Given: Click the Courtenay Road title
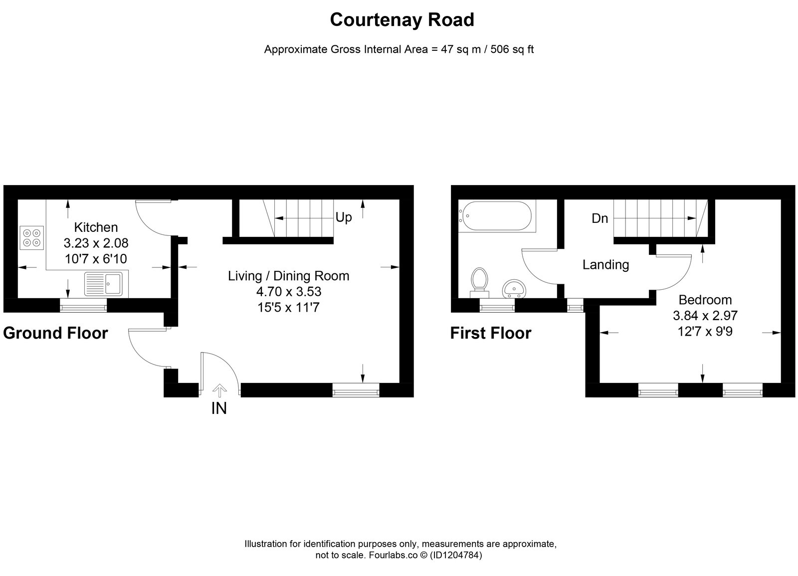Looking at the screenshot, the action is pyautogui.click(x=402, y=20).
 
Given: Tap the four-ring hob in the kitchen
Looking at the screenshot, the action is pyautogui.click(x=32, y=237).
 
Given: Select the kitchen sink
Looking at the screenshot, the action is pyautogui.click(x=103, y=284).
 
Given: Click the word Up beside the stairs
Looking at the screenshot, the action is pyautogui.click(x=344, y=217).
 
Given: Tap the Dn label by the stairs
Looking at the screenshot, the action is pyautogui.click(x=599, y=218).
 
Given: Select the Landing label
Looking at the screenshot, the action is pyautogui.click(x=605, y=265).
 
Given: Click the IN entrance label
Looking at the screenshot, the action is pyautogui.click(x=219, y=408).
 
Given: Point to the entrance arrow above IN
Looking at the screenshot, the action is pyautogui.click(x=219, y=390).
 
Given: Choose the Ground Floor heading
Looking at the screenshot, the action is pyautogui.click(x=55, y=334).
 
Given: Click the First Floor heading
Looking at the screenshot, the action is pyautogui.click(x=491, y=334).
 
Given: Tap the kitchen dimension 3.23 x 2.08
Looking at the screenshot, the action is pyautogui.click(x=96, y=243).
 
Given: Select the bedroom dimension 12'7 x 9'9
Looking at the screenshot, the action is pyautogui.click(x=705, y=332).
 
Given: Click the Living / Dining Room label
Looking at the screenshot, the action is pyautogui.click(x=289, y=276).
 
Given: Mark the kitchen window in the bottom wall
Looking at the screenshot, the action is pyautogui.click(x=83, y=305).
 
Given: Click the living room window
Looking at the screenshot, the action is pyautogui.click(x=356, y=390).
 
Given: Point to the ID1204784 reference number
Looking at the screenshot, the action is pyautogui.click(x=456, y=555).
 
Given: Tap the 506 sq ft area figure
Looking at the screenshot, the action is pyautogui.click(x=512, y=49).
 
